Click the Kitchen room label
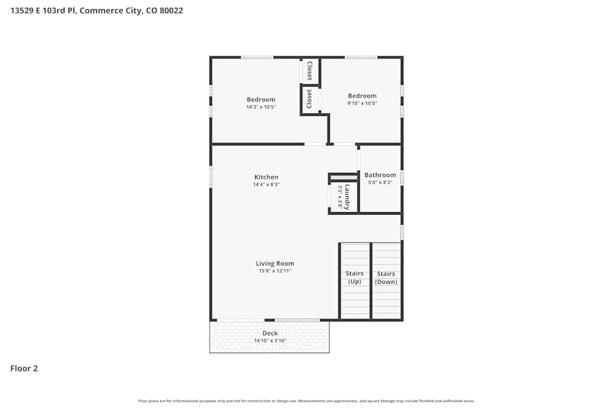tap(266, 177)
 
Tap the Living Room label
tap(275, 264)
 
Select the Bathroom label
tap(380, 175)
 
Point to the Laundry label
tap(348, 197)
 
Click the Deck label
tap(270, 334)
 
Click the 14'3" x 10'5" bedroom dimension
tap(261, 107)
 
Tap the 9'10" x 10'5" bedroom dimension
tap(362, 103)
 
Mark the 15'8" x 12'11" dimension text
tap(275, 271)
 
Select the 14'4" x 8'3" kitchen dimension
tap(266, 185)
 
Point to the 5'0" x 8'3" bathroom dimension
tap(380, 182)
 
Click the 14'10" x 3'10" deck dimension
tap(270, 341)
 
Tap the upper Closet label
tap(310, 71)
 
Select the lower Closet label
tap(310, 99)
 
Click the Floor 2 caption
tap(24, 369)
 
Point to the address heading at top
tap(96, 10)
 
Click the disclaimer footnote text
tap(306, 401)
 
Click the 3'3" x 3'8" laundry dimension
tap(339, 197)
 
